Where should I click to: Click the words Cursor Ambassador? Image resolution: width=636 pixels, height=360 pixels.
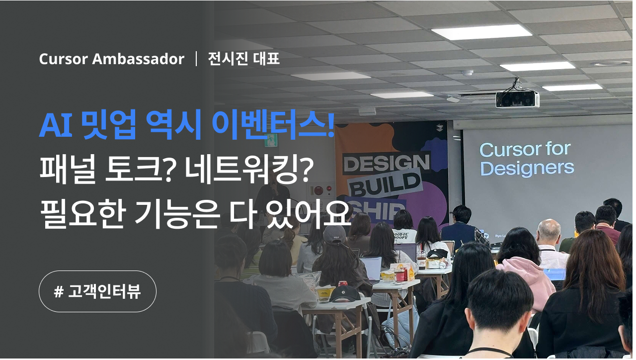tap(111, 59)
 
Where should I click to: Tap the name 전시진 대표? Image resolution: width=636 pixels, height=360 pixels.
tap(243, 59)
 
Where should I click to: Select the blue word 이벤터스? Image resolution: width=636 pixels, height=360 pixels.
tap(273, 126)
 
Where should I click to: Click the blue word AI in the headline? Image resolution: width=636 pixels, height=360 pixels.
tap(55, 126)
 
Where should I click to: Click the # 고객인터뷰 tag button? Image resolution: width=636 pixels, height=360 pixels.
tap(97, 291)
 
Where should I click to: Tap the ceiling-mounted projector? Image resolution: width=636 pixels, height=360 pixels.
tap(517, 98)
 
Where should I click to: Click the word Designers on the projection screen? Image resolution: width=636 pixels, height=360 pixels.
tap(527, 168)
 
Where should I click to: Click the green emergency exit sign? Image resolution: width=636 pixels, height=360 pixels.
tap(271, 140)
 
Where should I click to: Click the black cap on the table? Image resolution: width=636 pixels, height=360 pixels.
tap(345, 293)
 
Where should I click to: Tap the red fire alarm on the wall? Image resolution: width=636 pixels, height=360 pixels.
tap(318, 190)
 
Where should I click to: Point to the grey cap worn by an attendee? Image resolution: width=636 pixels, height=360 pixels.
tap(334, 234)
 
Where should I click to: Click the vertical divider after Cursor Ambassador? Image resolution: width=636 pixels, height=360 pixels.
tap(196, 59)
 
